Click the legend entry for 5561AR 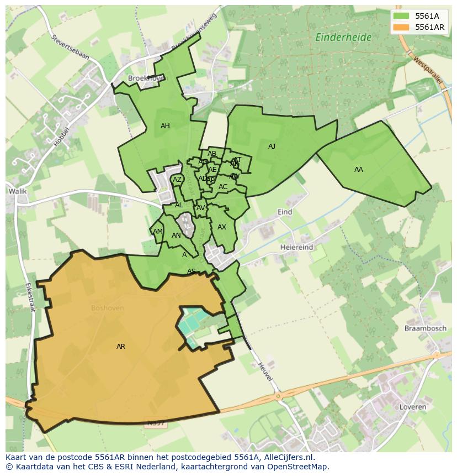coord(430,27)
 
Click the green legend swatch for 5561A coord(401,15)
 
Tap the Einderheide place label coord(343,38)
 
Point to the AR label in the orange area coord(121,347)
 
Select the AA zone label coord(359,170)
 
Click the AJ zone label coord(272,147)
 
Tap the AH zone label coord(165,126)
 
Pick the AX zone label coord(222,227)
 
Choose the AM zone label coord(158,232)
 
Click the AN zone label coord(176,236)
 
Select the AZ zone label coord(177,180)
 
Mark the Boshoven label coord(108,308)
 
